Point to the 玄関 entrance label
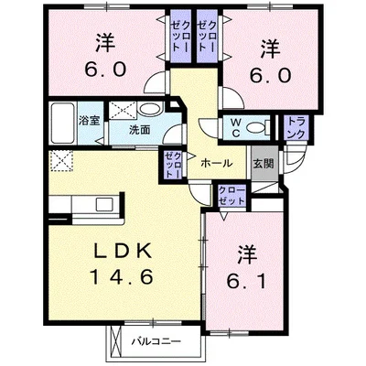[263, 164]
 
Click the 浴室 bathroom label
[89, 120]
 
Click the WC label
[233, 128]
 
